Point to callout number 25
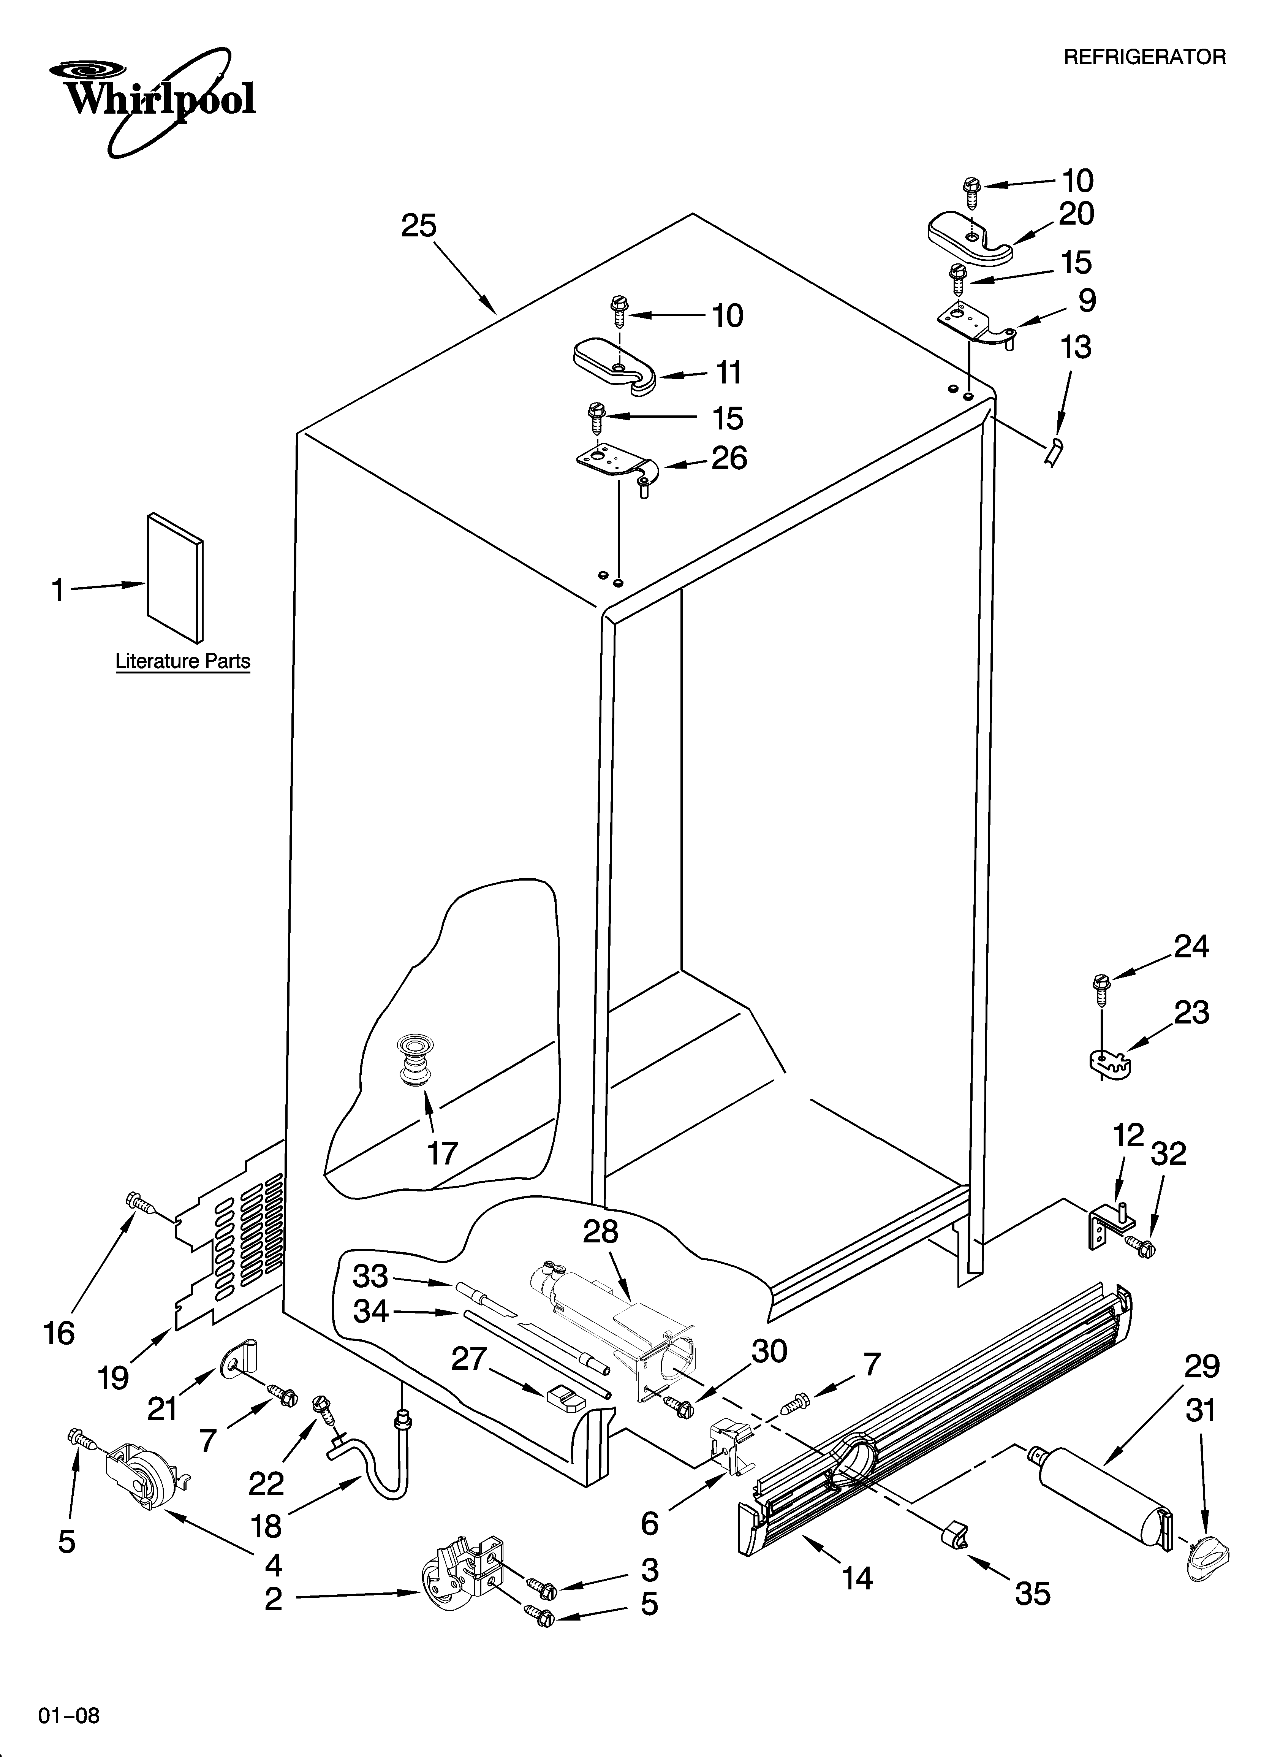418,226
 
